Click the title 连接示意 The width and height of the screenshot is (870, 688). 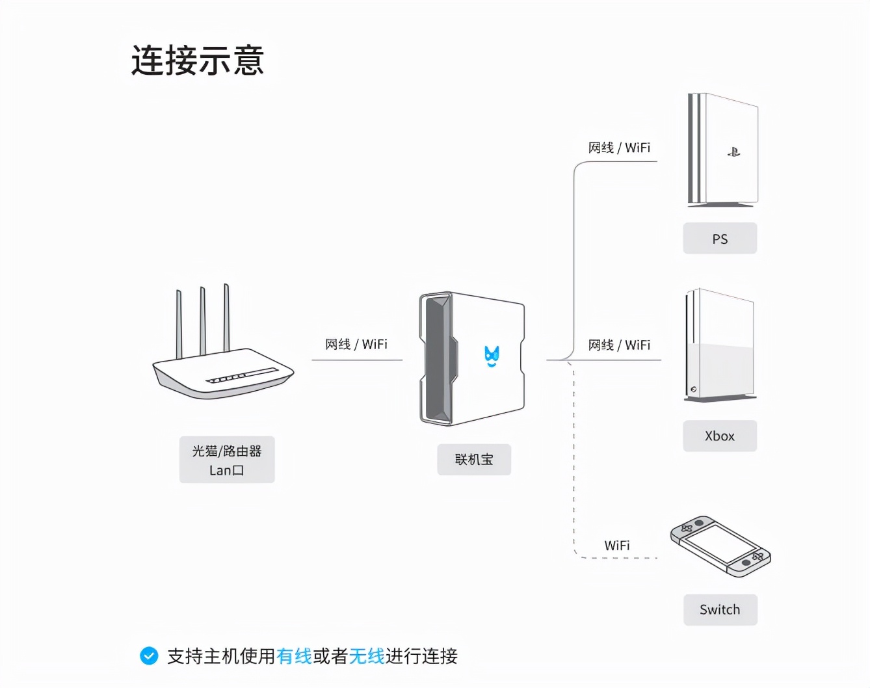[x=198, y=60]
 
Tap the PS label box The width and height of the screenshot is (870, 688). [x=720, y=239]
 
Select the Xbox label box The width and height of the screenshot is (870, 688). [x=720, y=436]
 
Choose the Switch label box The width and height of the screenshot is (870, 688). [x=720, y=609]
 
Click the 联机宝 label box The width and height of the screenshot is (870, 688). [x=474, y=459]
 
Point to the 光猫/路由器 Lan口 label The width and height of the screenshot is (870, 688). [x=227, y=460]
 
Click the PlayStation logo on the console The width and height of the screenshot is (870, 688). [x=733, y=152]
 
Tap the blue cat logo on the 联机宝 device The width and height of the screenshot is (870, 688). [x=492, y=356]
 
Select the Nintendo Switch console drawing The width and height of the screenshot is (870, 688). [x=720, y=546]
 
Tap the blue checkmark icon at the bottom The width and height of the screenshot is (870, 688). [x=149, y=655]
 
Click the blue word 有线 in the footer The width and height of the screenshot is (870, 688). [x=294, y=656]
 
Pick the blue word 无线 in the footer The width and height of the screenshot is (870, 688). [x=367, y=656]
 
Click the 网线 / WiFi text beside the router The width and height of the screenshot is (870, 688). [x=356, y=344]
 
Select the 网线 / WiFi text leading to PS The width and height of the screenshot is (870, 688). [x=619, y=148]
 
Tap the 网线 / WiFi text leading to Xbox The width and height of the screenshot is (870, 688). [x=619, y=345]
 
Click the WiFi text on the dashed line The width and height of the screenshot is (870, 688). [x=616, y=545]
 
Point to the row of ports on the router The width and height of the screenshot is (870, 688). [x=241, y=376]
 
